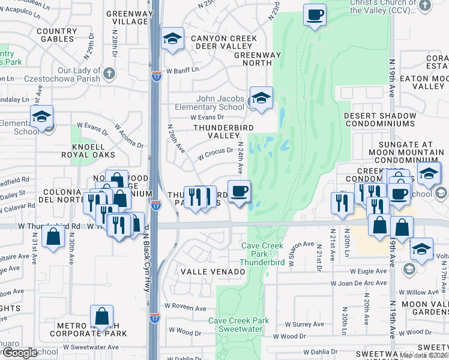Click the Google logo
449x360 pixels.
tap(19, 353)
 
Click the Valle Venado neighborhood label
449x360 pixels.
tap(213, 272)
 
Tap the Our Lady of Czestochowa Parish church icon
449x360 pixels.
tap(109, 74)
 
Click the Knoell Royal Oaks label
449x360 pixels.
tap(83, 151)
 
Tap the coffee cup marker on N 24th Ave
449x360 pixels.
tap(238, 192)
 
